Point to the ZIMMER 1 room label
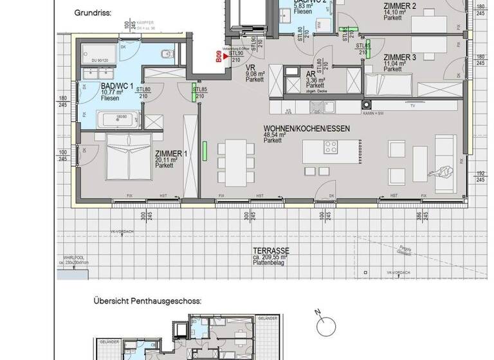(x=170, y=154)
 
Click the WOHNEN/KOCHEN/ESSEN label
(x=306, y=129)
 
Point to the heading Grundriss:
(x=93, y=12)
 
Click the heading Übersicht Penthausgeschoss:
(x=147, y=300)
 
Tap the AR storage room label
(x=311, y=74)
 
